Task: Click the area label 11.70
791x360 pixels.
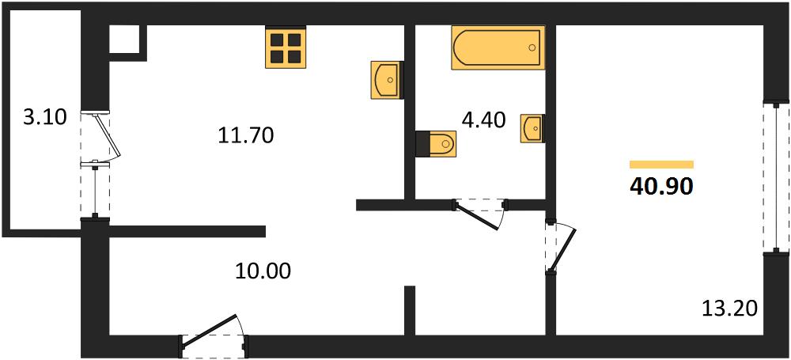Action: pyautogui.click(x=246, y=135)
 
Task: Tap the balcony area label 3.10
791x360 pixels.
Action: pyautogui.click(x=45, y=118)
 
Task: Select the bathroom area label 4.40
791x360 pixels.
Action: pyautogui.click(x=484, y=121)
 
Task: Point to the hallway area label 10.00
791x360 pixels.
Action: pyautogui.click(x=263, y=271)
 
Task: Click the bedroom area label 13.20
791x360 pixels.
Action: pyautogui.click(x=730, y=308)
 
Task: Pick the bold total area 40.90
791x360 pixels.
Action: pyautogui.click(x=661, y=187)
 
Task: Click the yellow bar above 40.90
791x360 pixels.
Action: pyautogui.click(x=661, y=164)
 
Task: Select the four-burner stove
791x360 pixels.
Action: pyautogui.click(x=286, y=47)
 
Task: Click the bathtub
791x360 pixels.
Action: pyautogui.click(x=498, y=47)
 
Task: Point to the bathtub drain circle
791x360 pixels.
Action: pyautogui.click(x=532, y=47)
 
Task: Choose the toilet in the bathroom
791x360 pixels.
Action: pyautogui.click(x=436, y=143)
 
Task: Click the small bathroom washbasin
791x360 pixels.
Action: pyautogui.click(x=532, y=128)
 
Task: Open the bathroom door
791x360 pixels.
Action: pyautogui.click(x=480, y=214)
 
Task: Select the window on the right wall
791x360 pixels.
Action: pyautogui.click(x=776, y=176)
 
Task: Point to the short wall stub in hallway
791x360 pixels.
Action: pyautogui.click(x=410, y=310)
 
